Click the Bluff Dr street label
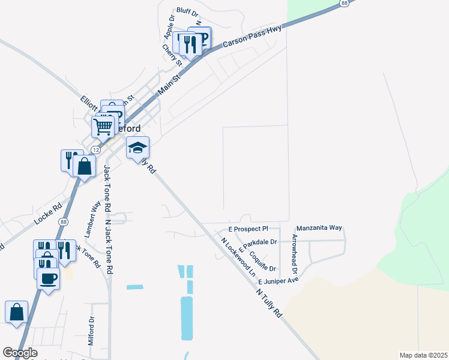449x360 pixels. pyautogui.click(x=187, y=11)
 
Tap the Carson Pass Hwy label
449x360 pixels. pyautogui.click(x=253, y=37)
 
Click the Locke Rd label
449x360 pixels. pyautogui.click(x=48, y=213)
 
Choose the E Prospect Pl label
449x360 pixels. pyautogui.click(x=248, y=229)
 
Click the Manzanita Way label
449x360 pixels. pyautogui.click(x=319, y=228)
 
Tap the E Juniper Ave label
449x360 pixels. pyautogui.click(x=279, y=281)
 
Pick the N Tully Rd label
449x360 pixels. pyautogui.click(x=268, y=303)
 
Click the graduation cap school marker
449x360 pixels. pyautogui.click(x=137, y=148)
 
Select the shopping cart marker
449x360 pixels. pyautogui.click(x=103, y=126)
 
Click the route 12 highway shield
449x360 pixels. pyautogui.click(x=95, y=149)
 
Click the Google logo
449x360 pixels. pyautogui.click(x=20, y=353)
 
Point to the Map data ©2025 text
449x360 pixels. pyautogui.click(x=423, y=355)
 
